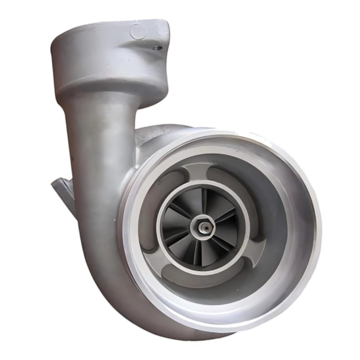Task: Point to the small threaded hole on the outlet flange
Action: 156,47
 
